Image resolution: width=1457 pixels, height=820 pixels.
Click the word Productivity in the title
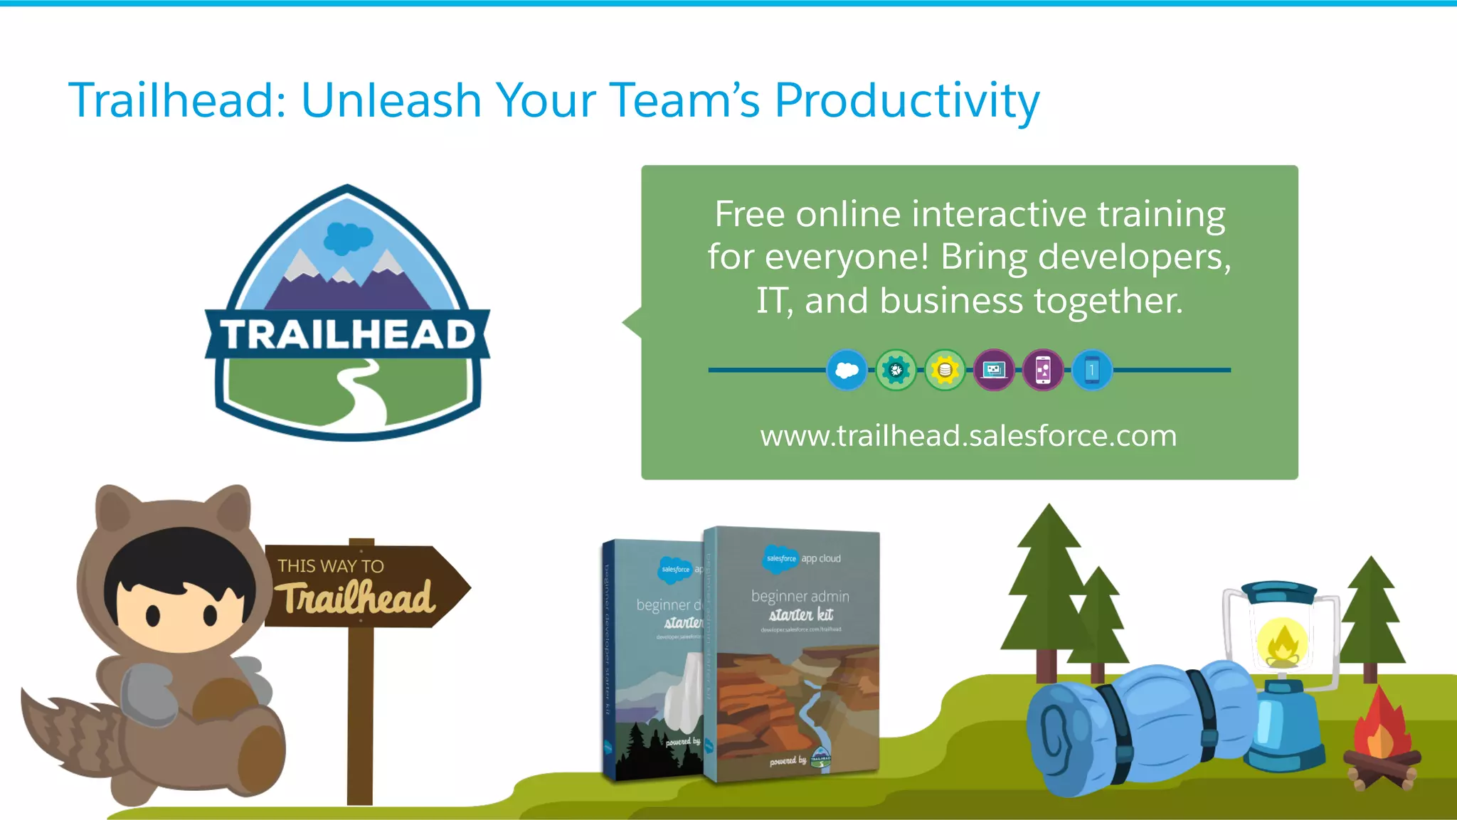pos(906,100)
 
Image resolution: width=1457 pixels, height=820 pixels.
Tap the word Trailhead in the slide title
pos(170,100)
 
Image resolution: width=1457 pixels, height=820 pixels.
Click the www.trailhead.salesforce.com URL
pos(968,435)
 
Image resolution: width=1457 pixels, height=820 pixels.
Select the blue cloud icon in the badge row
pos(847,370)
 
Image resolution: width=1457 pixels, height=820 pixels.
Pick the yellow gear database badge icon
pos(945,370)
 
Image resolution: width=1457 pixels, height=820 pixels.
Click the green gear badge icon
pos(896,370)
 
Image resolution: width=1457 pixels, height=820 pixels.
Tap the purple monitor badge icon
pos(994,370)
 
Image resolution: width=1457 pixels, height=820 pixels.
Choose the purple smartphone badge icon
pos(1043,370)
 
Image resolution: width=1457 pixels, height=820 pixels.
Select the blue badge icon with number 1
pos(1092,370)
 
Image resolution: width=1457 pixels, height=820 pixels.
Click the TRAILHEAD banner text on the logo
pos(347,334)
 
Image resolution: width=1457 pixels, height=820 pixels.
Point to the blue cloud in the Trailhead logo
pos(348,238)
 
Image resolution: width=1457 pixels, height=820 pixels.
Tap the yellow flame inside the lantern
pos(1282,642)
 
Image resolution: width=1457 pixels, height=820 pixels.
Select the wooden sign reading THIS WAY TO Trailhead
pos(363,587)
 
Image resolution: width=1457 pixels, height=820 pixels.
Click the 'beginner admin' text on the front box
pos(800,596)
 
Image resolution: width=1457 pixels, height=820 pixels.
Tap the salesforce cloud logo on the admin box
pos(780,559)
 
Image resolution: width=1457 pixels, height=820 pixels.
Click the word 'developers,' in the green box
pos(1134,257)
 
